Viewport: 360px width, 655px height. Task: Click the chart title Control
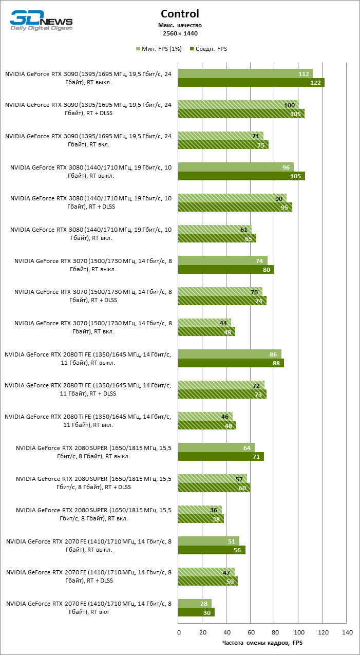180,14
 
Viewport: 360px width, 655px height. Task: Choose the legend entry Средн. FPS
209,49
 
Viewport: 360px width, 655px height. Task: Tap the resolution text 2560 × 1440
180,33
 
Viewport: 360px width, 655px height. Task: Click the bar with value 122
251,83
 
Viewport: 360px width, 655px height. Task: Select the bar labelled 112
245,74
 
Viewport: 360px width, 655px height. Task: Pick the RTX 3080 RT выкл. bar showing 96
236,167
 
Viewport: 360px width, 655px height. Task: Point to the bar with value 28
195,603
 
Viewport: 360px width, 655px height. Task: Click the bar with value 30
196,612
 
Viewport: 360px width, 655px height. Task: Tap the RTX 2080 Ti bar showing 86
230,354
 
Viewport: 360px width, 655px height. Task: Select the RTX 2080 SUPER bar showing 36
200,510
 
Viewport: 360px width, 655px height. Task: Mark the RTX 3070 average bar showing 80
226,270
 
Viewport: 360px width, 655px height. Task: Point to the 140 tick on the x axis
347,631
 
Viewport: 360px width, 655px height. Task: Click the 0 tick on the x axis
178,631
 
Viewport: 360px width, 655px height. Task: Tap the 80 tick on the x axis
275,631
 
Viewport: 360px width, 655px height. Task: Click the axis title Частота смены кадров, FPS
262,642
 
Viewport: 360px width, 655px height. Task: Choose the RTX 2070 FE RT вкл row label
88,607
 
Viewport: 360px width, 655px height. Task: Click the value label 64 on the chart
247,448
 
